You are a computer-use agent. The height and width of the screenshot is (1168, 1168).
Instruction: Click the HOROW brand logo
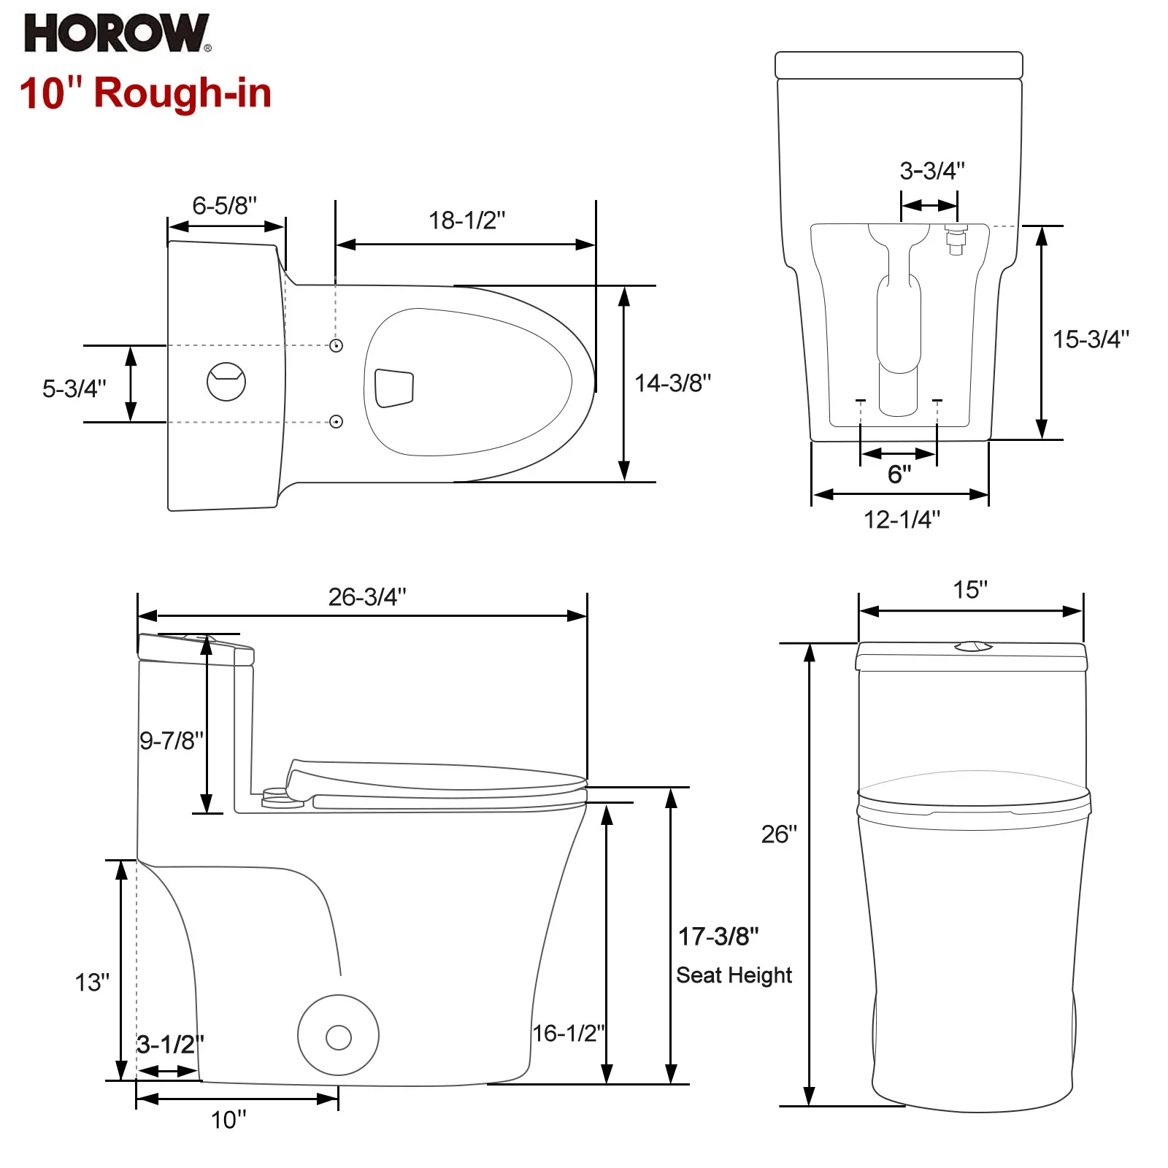click(117, 34)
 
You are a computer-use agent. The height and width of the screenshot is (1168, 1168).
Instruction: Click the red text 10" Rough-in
click(145, 93)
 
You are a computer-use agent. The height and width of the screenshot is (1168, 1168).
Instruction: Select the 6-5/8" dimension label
click(224, 206)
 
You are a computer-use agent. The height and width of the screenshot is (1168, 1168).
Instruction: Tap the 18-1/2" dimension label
click(466, 220)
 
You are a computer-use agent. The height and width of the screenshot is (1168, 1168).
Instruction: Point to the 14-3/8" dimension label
click(672, 383)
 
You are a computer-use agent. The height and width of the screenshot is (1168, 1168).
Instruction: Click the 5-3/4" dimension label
click(74, 388)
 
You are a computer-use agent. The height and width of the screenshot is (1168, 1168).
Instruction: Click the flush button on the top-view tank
click(226, 381)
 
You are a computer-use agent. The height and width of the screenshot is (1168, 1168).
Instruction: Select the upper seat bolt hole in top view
click(336, 345)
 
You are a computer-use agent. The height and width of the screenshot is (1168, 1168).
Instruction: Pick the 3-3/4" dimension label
click(931, 171)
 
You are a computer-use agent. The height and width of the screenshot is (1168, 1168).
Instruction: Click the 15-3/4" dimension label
click(1090, 339)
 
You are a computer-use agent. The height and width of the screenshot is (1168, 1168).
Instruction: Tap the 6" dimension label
click(899, 474)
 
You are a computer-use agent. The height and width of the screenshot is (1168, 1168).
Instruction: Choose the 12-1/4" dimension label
click(902, 520)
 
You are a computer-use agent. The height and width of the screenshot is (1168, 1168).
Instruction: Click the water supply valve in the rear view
click(956, 239)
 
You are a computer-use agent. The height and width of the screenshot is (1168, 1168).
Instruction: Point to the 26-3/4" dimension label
click(366, 597)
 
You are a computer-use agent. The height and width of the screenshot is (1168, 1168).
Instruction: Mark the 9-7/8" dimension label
click(172, 741)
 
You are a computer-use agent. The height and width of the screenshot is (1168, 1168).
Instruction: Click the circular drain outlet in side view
click(338, 1036)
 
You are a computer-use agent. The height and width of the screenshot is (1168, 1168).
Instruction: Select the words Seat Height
click(734, 975)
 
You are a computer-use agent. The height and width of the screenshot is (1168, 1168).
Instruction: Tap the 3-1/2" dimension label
click(170, 1045)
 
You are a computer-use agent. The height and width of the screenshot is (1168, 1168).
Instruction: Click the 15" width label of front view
click(970, 590)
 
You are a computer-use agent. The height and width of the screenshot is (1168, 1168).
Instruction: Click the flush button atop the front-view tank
click(973, 646)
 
